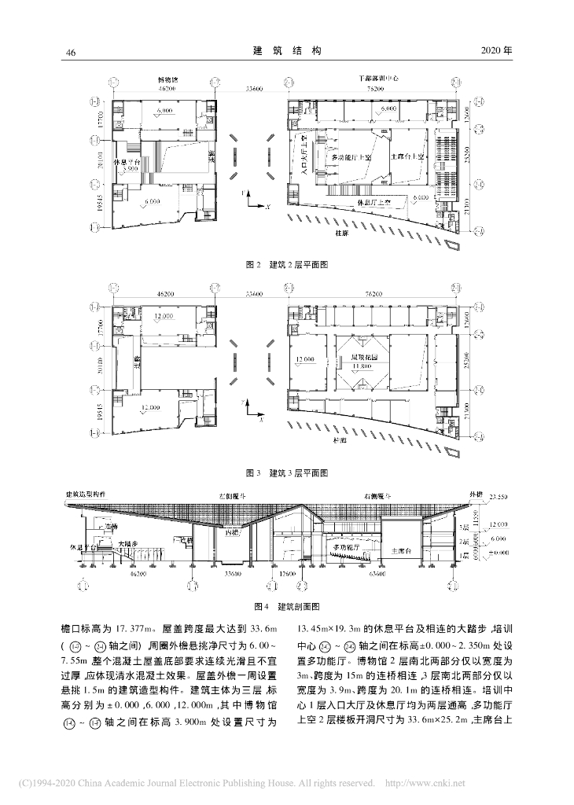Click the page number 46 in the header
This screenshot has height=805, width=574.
click(x=70, y=52)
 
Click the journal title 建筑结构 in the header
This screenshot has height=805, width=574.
click(x=287, y=51)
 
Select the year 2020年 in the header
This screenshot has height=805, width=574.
click(x=495, y=51)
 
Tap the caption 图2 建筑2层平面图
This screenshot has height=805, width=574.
click(x=286, y=265)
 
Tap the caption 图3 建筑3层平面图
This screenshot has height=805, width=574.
click(x=286, y=472)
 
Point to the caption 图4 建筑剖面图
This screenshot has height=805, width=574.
click(x=286, y=607)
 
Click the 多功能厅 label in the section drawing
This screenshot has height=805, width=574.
click(x=349, y=545)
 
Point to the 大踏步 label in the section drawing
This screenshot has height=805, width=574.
click(x=128, y=542)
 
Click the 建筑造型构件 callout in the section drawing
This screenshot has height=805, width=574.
click(x=90, y=493)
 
